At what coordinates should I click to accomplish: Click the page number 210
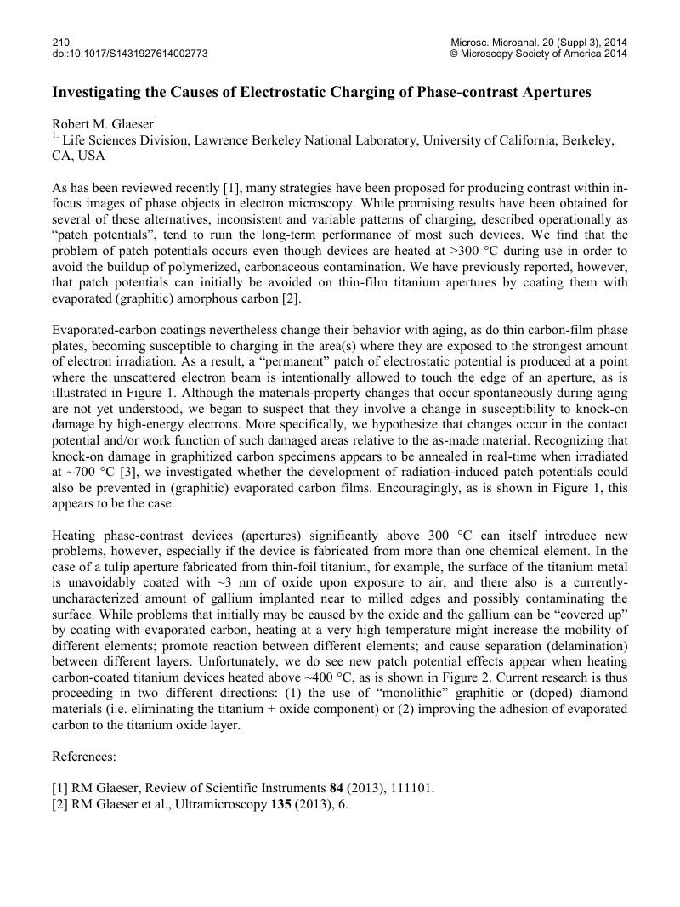60,42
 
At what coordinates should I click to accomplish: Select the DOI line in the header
130,54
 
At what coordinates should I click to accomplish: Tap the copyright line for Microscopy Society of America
539,54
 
